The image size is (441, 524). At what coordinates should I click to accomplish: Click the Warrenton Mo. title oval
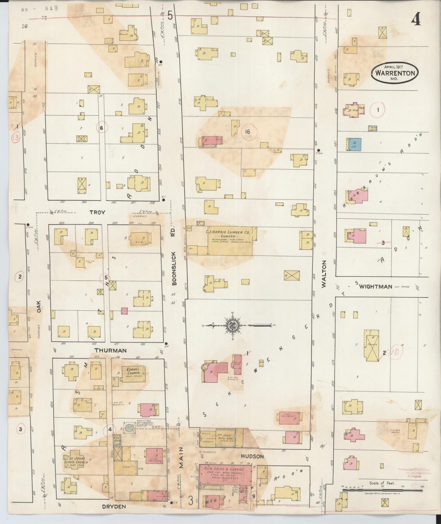(395, 73)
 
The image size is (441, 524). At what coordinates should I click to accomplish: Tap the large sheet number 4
(416, 20)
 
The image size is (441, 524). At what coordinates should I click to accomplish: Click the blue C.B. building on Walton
(354, 144)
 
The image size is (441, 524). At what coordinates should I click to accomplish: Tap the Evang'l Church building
(134, 374)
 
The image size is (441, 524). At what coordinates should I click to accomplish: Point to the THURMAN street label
(110, 350)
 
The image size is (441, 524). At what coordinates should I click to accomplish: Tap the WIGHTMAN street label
(375, 286)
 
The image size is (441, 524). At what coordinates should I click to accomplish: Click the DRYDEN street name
(113, 507)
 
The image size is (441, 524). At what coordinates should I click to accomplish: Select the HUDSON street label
(252, 456)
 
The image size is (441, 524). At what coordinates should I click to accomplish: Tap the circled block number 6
(102, 128)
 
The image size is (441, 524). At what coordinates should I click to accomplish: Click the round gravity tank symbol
(129, 427)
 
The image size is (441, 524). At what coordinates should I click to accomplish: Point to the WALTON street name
(324, 274)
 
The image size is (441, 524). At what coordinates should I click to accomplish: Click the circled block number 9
(254, 496)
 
